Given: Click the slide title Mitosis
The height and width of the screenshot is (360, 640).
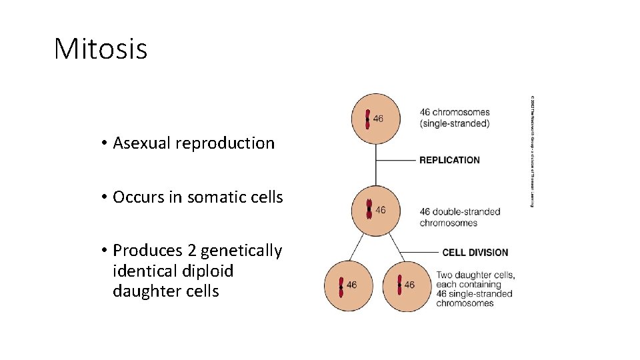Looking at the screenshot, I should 101,49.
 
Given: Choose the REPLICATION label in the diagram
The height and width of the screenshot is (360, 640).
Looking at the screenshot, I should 449,160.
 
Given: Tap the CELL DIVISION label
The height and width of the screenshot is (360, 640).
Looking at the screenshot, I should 475,253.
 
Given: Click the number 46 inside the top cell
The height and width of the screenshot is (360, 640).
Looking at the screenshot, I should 378,119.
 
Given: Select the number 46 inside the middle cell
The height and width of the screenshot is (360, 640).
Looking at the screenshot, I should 381,210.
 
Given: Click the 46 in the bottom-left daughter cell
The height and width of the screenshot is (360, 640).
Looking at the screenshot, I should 351,285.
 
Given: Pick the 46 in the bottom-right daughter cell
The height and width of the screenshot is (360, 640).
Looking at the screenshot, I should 409,285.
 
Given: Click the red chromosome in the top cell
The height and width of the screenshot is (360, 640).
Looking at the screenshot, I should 367,119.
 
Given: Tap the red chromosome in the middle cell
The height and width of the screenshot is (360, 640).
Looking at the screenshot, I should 369,210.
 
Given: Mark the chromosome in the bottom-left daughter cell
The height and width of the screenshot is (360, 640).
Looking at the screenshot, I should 341,286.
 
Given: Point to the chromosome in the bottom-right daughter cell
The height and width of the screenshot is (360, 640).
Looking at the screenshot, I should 399,285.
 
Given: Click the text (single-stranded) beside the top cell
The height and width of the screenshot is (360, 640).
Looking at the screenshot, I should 455,123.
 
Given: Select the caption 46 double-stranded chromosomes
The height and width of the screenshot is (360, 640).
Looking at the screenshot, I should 459,217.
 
